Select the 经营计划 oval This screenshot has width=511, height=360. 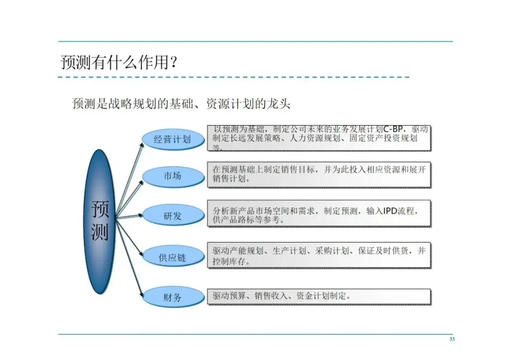click(173, 139)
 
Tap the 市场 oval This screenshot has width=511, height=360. click(173, 176)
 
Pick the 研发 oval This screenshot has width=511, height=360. click(173, 217)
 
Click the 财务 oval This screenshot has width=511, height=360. click(173, 298)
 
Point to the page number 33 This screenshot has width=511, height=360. click(452, 339)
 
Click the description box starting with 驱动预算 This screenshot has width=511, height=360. click(319, 297)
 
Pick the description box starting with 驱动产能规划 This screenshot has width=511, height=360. click(319, 256)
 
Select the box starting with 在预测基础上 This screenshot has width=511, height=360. click(319, 174)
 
